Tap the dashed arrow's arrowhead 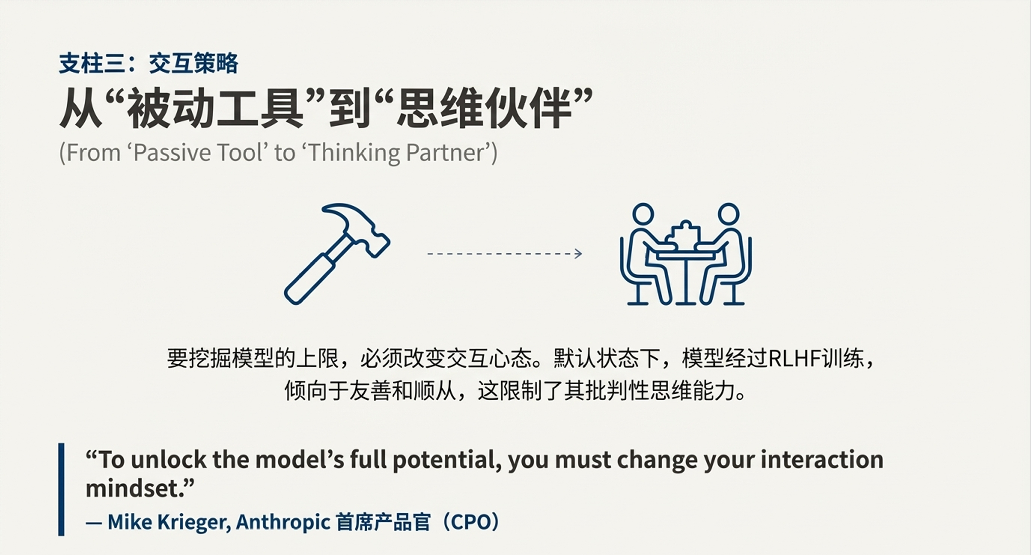coord(578,254)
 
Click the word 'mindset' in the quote coord(134,489)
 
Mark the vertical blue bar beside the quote coord(61,489)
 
